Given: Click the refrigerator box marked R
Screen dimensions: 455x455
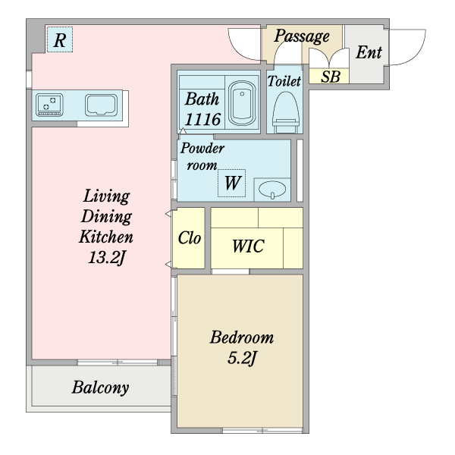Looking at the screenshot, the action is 60,39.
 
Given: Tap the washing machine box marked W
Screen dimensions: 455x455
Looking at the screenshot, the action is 231,183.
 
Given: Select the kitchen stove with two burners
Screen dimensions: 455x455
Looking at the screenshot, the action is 49,105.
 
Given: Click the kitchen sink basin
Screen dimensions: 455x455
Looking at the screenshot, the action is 101,105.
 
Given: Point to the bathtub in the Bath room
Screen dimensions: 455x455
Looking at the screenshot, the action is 242,103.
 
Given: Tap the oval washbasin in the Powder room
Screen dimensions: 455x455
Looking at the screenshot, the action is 272,190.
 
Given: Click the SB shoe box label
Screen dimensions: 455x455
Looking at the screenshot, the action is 331,77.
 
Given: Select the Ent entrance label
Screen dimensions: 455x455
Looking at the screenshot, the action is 369,52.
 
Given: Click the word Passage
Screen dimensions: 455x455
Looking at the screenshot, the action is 302,36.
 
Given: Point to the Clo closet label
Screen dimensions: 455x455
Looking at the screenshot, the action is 189,238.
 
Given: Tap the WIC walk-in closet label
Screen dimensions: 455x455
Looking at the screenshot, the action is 248,246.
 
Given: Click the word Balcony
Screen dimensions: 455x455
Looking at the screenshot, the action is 100,388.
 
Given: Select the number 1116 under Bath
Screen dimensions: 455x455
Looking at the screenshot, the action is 202,119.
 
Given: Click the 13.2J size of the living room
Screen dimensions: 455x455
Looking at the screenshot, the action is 107,257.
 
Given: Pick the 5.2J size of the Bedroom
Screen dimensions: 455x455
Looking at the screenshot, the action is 242,358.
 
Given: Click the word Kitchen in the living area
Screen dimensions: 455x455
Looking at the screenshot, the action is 106,237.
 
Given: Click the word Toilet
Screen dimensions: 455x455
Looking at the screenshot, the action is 284,81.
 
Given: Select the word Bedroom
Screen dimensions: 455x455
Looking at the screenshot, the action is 242,337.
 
